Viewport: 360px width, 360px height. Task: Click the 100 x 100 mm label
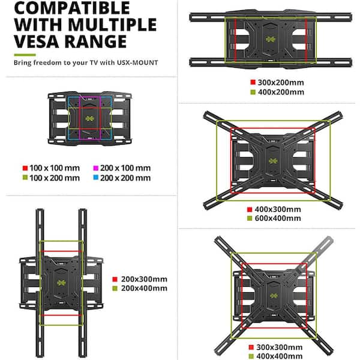[x=55, y=169]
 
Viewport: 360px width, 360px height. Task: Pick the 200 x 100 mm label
[x=126, y=169]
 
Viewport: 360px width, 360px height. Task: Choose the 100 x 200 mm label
[x=55, y=178]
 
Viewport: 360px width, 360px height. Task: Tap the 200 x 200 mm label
[x=126, y=178]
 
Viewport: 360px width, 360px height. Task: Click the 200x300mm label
[x=144, y=279]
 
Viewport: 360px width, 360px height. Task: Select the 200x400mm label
[x=144, y=289]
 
